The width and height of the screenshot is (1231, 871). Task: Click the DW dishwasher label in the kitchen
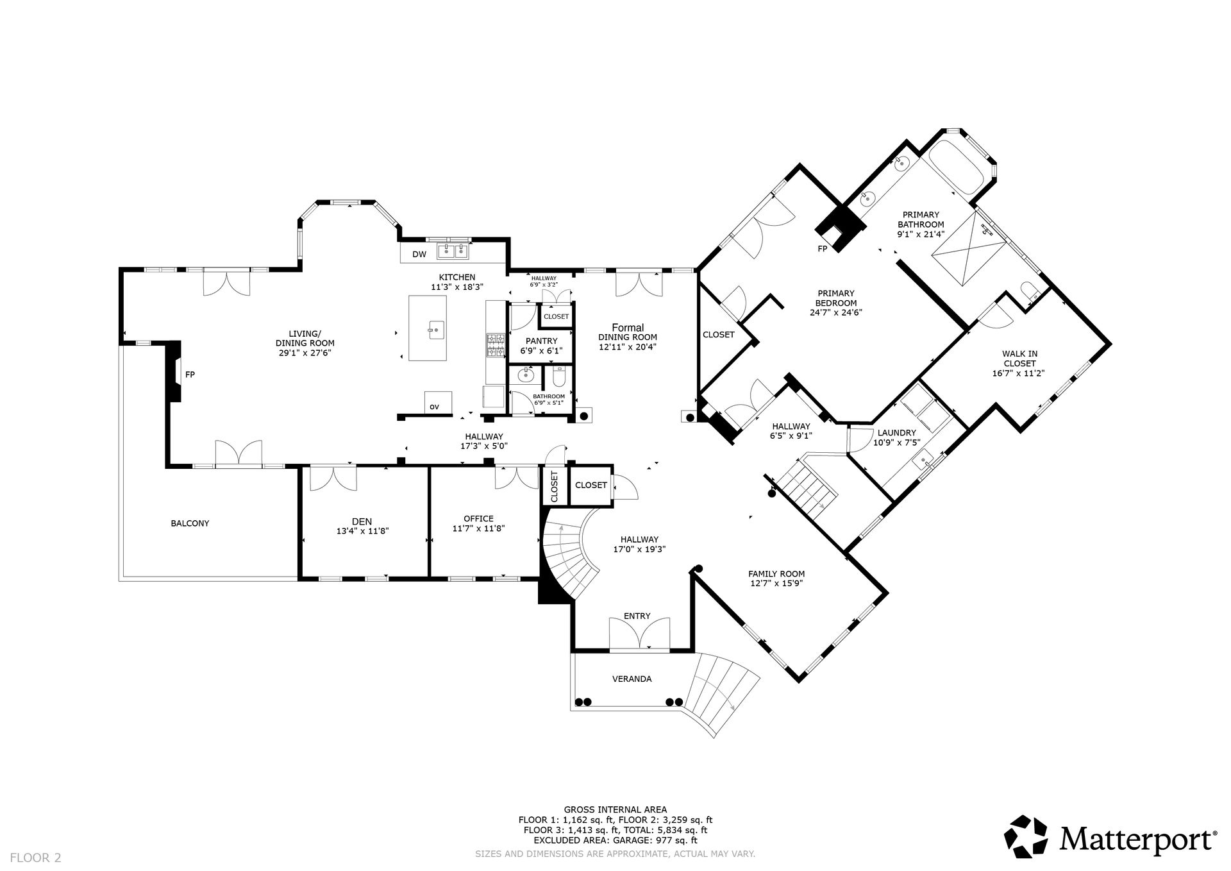tap(419, 255)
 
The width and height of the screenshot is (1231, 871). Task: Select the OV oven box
tap(438, 403)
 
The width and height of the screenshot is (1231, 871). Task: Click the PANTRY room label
tap(541, 341)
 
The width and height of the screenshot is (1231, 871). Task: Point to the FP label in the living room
tap(190, 375)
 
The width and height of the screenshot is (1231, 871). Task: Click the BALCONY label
tap(190, 523)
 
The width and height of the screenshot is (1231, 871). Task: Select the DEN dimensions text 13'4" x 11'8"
tap(363, 531)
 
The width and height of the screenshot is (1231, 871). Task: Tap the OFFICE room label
tap(479, 519)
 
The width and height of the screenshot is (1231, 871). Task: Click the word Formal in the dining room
tap(628, 328)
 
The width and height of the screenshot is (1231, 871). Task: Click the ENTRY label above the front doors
tap(637, 616)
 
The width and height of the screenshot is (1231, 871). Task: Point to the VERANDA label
tap(632, 679)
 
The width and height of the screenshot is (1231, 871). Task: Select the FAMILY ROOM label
tap(776, 574)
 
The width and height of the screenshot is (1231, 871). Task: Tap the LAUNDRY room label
tap(896, 433)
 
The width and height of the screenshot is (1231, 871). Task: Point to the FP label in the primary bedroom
tap(822, 248)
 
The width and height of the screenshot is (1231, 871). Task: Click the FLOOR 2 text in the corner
tap(36, 857)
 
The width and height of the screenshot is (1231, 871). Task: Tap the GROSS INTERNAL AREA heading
tap(615, 809)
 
